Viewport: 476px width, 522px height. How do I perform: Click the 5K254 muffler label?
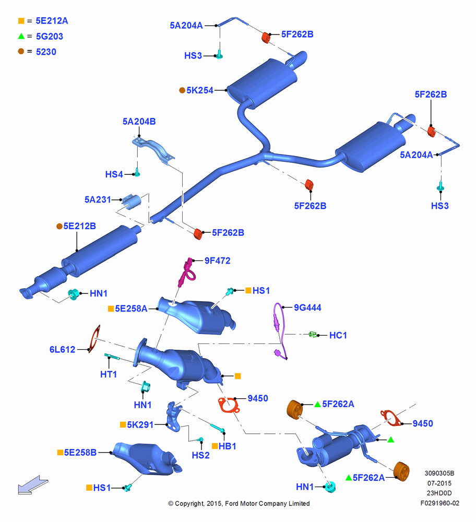pyautogui.click(x=200, y=90)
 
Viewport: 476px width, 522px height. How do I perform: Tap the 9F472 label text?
pyautogui.click(x=217, y=260)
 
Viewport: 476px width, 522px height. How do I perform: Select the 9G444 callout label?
pyautogui.click(x=307, y=307)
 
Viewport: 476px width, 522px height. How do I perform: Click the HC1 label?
pyautogui.click(x=338, y=335)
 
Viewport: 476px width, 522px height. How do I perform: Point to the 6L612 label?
pyautogui.click(x=62, y=350)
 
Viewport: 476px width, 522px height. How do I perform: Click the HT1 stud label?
pyautogui.click(x=109, y=374)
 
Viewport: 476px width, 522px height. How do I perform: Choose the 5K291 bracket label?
pyautogui.click(x=140, y=425)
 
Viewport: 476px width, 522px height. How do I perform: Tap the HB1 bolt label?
pyautogui.click(x=228, y=446)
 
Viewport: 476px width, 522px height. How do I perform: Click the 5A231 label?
pyautogui.click(x=98, y=200)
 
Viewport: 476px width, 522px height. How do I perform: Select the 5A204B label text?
pyautogui.click(x=139, y=122)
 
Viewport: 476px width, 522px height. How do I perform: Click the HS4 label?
pyautogui.click(x=114, y=174)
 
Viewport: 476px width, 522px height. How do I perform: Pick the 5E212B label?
pyautogui.click(x=79, y=227)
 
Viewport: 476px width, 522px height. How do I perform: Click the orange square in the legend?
pyautogui.click(x=21, y=21)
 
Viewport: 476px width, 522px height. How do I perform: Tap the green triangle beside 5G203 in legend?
pyautogui.click(x=21, y=36)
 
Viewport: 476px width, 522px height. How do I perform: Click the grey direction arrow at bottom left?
pyautogui.click(x=33, y=485)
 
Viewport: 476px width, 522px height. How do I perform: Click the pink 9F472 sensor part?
pyautogui.click(x=186, y=272)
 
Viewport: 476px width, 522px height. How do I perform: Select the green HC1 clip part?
pyautogui.click(x=313, y=334)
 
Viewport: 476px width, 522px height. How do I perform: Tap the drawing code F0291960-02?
pyautogui.click(x=439, y=503)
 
